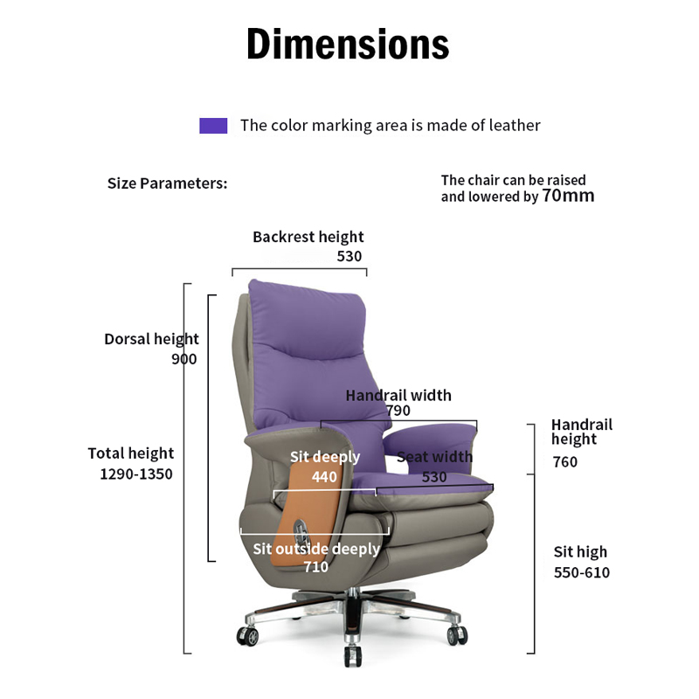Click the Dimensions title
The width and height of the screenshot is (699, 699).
pyautogui.click(x=348, y=44)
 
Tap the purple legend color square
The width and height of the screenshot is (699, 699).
pyautogui.click(x=213, y=126)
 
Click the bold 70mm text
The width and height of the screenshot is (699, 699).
pyautogui.click(x=568, y=196)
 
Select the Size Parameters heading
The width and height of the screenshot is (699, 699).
pyautogui.click(x=167, y=183)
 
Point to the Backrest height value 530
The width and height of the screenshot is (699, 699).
pyautogui.click(x=349, y=256)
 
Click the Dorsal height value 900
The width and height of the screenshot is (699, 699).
pyautogui.click(x=184, y=359)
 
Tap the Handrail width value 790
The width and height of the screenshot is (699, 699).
pyautogui.click(x=398, y=411)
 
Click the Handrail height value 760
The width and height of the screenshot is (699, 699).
pyautogui.click(x=564, y=462)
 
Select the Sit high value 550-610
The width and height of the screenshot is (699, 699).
pyautogui.click(x=582, y=573)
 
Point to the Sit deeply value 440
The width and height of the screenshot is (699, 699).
pyautogui.click(x=324, y=477)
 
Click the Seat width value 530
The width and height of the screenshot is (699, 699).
pyautogui.click(x=434, y=477)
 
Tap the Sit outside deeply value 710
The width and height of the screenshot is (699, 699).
pyautogui.click(x=315, y=568)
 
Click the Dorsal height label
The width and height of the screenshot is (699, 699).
pyautogui.click(x=152, y=339)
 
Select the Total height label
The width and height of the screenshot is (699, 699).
pyautogui.click(x=131, y=453)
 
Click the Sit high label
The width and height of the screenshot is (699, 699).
pyautogui.click(x=580, y=552)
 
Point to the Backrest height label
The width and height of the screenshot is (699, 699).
pyautogui.click(x=308, y=237)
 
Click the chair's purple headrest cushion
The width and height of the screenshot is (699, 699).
pyautogui.click(x=306, y=306)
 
